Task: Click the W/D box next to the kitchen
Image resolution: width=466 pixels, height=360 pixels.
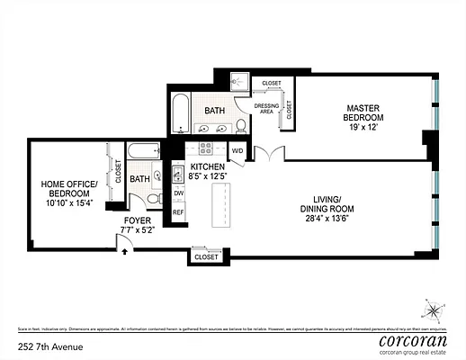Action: point(237,150)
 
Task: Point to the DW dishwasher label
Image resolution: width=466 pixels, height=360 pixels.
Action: point(178,193)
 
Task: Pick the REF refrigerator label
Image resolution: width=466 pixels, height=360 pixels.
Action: point(178,212)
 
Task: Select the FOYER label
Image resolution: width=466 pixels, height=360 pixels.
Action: point(138,220)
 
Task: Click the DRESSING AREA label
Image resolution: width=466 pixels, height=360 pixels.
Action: point(267,109)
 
